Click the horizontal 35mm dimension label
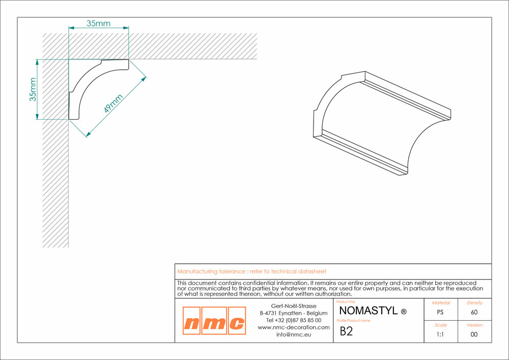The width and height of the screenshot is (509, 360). [x=98, y=23]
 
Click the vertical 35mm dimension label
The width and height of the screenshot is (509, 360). [x=33, y=89]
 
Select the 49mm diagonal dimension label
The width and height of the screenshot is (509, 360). [x=114, y=103]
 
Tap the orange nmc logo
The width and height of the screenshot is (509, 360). [x=214, y=320]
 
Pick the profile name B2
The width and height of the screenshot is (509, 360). [x=346, y=331]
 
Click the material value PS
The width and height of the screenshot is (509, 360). [x=440, y=312]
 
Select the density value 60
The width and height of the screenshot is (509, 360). [x=474, y=312]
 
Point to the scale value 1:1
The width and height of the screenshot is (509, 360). [x=440, y=335]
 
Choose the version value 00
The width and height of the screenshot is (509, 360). [x=474, y=335]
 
